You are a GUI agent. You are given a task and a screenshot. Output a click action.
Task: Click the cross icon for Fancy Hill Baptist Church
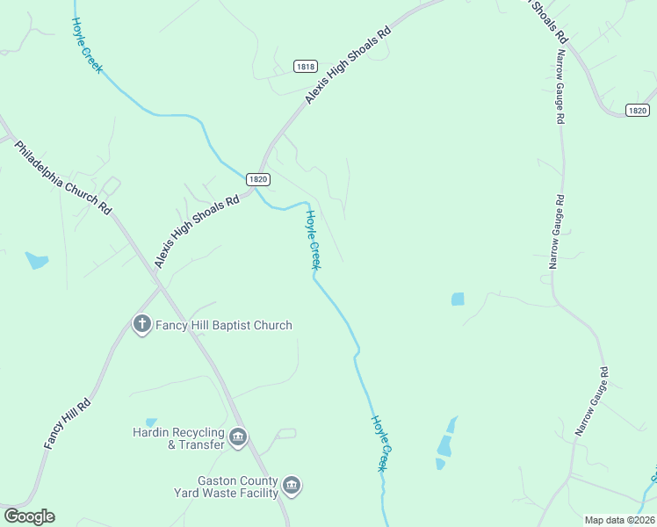(141, 325)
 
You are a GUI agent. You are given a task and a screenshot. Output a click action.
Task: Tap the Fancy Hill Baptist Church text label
(223, 325)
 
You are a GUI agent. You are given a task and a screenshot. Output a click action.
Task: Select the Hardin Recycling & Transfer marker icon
(237, 437)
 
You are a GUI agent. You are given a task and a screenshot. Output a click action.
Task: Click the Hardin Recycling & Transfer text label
(178, 437)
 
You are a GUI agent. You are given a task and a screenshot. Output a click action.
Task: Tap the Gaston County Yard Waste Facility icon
(292, 485)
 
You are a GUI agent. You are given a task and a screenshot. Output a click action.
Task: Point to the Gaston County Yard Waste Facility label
(226, 487)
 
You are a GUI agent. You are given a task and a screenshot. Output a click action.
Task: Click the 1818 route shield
(305, 67)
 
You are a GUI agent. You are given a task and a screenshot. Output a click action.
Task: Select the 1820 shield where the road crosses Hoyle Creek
(256, 178)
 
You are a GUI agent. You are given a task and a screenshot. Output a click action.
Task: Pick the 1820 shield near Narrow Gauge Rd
(638, 110)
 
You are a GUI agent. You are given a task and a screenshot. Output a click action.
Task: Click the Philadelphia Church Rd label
(63, 178)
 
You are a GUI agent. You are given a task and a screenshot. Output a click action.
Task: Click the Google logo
(29, 516)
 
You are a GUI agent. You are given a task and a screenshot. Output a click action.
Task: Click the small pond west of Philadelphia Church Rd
(37, 260)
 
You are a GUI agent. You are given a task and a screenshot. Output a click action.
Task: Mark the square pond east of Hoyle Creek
(458, 300)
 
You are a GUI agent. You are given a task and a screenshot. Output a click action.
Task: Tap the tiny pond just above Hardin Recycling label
(151, 422)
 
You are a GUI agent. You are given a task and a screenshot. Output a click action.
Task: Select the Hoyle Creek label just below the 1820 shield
(314, 239)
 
